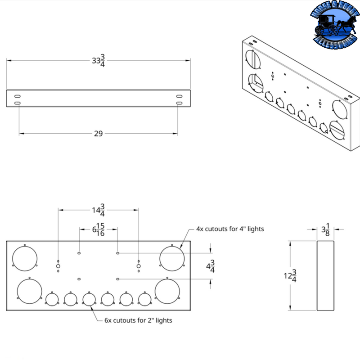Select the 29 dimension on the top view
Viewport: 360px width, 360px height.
pos(98,134)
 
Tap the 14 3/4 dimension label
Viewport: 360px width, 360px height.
pos(98,210)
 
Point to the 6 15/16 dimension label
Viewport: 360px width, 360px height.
pos(98,230)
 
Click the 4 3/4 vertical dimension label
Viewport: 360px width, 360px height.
pos(210,267)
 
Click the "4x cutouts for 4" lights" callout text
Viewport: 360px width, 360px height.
pos(230,229)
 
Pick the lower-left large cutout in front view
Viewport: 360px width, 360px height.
pos(29,291)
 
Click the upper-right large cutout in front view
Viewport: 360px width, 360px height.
pos(172,258)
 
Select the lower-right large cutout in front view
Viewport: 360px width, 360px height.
pos(167,291)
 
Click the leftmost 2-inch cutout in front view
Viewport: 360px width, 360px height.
pos(52,299)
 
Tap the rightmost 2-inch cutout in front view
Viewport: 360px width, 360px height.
pos(144,299)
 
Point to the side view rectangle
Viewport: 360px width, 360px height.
pos(326,275)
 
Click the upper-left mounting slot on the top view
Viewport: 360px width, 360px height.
pos(17,97)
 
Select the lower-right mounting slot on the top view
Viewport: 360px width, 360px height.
pos(179,104)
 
